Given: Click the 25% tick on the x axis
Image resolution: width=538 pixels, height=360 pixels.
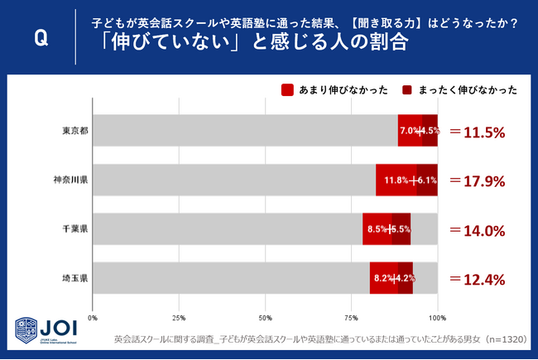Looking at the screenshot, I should pos(179,317).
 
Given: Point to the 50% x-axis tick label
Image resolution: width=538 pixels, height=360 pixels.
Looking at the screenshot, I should pos(265,317).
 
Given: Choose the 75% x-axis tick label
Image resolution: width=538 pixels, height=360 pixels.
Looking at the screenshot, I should pos(351,317).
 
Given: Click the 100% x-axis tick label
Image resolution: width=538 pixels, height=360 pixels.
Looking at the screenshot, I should pos(437,317).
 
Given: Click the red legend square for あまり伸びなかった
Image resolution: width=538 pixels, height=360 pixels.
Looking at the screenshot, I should pos(288,90).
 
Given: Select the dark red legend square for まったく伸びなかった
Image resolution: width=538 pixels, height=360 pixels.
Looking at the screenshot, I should pos(408,90).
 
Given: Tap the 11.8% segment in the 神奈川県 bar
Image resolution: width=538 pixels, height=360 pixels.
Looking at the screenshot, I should pos(396,180).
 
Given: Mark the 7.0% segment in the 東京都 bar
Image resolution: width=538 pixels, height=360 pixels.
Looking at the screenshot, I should pos(410,131).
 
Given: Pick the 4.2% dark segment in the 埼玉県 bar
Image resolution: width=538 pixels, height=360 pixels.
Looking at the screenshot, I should pos(405,278).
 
